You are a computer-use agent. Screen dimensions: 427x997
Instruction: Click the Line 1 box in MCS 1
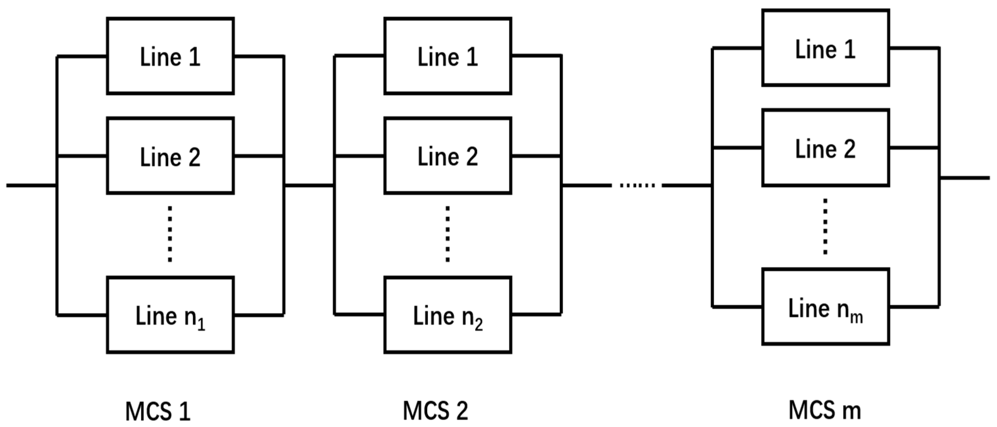point(170,56)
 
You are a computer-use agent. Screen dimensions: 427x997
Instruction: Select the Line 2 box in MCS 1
point(170,155)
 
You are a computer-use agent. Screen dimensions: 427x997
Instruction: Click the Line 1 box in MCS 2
point(448,56)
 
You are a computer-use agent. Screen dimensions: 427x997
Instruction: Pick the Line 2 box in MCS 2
point(448,155)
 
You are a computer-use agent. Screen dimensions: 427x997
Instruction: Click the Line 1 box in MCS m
point(826,48)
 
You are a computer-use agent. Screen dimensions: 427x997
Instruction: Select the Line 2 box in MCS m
point(826,148)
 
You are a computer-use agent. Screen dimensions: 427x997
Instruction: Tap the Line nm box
point(826,307)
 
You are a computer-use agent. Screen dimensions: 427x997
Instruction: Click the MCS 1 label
point(158,411)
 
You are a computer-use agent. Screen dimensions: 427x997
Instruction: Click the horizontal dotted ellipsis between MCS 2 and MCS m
point(637,186)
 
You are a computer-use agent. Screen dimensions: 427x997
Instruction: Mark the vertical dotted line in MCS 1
point(170,234)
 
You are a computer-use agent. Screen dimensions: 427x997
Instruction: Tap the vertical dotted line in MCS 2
point(447,234)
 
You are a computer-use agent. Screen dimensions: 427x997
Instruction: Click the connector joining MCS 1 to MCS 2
point(309,186)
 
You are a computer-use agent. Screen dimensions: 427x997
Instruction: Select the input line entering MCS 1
point(31,186)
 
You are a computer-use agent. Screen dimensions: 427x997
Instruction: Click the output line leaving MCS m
point(964,178)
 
